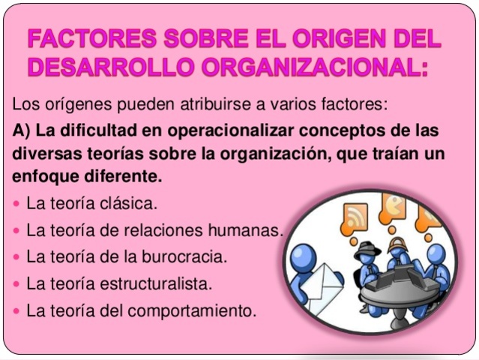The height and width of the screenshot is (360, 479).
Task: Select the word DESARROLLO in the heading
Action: point(97,67)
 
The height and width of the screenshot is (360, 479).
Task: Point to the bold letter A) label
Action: point(22,130)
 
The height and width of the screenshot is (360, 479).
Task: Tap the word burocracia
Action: point(184,256)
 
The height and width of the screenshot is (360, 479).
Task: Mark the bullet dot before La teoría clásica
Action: point(18,203)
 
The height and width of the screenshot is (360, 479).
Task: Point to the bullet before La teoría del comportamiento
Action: point(18,310)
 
